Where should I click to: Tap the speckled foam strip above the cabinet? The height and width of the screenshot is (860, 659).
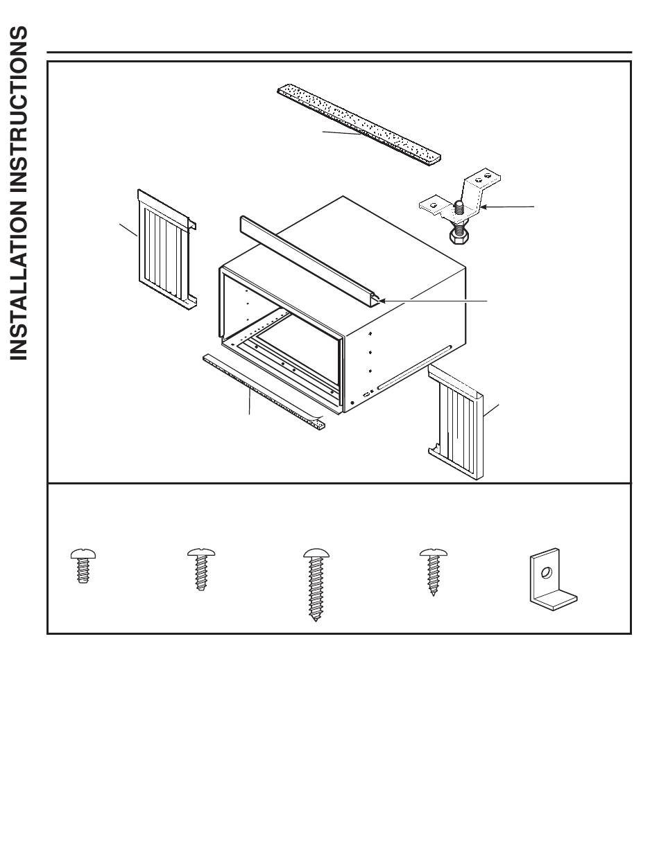tap(359, 124)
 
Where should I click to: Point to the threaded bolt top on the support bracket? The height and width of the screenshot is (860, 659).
tap(459, 206)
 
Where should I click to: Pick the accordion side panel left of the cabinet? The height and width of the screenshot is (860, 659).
tap(167, 249)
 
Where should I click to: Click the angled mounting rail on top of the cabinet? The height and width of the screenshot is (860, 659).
tap(312, 261)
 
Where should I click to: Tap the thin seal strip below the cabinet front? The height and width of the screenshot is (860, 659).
tap(264, 392)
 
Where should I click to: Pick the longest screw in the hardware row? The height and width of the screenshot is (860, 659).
tap(316, 584)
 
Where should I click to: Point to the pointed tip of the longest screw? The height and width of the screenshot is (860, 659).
tap(316, 620)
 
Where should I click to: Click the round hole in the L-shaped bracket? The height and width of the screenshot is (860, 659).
tap(547, 572)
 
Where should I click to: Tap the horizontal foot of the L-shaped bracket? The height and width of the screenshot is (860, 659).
tap(554, 599)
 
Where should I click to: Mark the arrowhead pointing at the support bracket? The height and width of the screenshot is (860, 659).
tap(483, 207)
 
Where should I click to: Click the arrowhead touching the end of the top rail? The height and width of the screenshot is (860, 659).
tap(382, 301)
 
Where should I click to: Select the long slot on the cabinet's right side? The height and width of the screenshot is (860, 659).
tap(414, 367)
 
